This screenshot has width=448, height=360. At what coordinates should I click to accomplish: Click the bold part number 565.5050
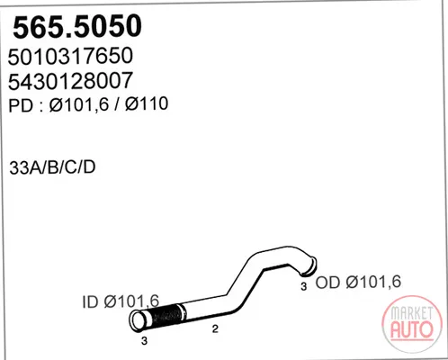pyautogui.click(x=77, y=27)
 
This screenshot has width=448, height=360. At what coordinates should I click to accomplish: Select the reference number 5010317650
pyautogui.click(x=70, y=56)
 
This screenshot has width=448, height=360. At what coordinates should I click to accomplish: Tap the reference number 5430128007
pyautogui.click(x=70, y=81)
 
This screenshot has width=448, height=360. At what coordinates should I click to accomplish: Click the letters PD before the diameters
pyautogui.click(x=21, y=105)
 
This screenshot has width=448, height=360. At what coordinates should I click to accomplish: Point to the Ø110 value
pyautogui.click(x=147, y=103)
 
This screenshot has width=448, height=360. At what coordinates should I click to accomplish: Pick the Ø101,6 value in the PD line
pyautogui.click(x=78, y=104)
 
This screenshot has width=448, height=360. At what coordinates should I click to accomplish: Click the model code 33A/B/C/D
pyautogui.click(x=52, y=167)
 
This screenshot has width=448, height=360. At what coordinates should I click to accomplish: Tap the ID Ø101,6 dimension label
pyautogui.click(x=121, y=301)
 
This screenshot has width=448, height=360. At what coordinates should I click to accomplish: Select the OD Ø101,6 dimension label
pyautogui.click(x=358, y=282)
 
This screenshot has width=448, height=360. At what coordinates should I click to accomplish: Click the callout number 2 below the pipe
pyautogui.click(x=215, y=329)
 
